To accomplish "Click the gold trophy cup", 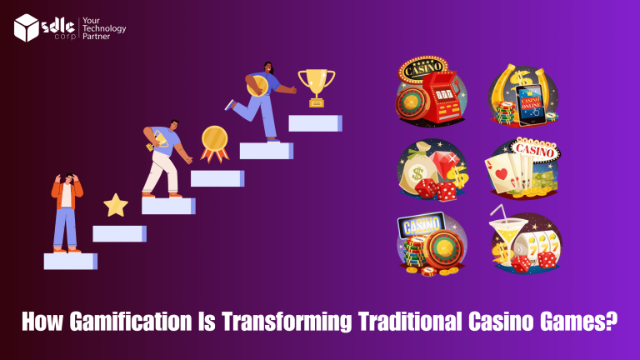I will point(316,86).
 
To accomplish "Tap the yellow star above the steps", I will point(116,204).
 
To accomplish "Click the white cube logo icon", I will point(27,27).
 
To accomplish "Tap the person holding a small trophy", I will point(164,158).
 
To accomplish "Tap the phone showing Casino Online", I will point(531,104).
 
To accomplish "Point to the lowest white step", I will point(70,261).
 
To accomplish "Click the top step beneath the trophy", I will point(315,122).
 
